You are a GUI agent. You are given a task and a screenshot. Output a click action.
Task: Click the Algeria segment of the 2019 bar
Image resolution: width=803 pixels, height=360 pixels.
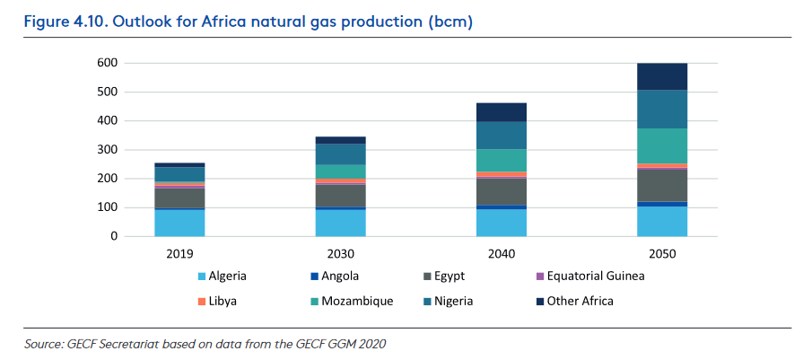click(x=179, y=223)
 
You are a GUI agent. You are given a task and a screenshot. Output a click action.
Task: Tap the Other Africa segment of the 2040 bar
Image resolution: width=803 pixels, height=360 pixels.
click(x=502, y=111)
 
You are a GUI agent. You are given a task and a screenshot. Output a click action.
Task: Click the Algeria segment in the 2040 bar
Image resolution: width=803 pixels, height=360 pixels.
click(x=502, y=223)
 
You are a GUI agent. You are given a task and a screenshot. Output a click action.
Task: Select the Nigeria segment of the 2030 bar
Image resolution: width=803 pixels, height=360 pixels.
click(x=340, y=154)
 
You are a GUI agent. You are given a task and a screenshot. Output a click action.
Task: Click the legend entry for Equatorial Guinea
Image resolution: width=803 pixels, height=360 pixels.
click(x=595, y=276)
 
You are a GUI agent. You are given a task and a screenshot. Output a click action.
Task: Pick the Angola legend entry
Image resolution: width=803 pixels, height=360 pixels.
click(x=337, y=276)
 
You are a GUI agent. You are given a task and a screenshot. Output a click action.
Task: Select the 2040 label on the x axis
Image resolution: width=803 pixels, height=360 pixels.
click(x=502, y=254)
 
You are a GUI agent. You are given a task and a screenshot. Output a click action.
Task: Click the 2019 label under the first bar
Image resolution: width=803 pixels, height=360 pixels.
click(x=179, y=254)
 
